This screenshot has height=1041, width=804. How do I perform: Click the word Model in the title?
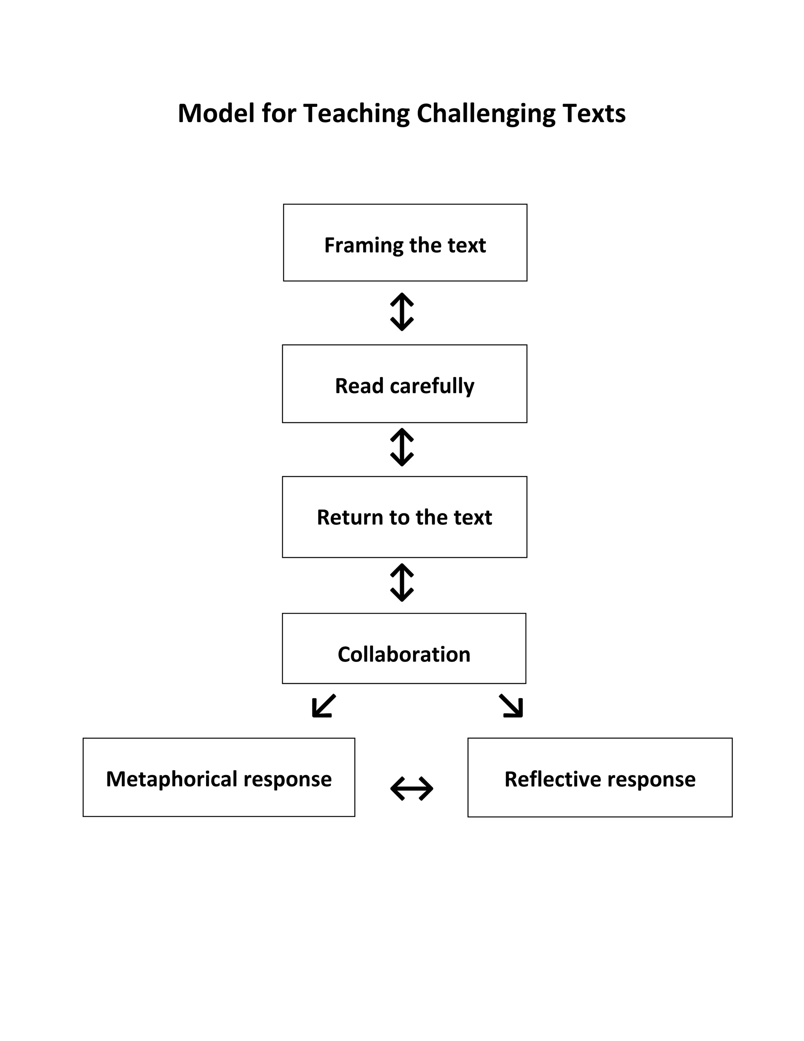pos(216,114)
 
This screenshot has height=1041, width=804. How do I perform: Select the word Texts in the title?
pos(594,114)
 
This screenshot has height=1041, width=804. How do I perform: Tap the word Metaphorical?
pos(172,779)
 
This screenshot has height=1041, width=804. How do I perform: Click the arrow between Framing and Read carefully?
pos(402,312)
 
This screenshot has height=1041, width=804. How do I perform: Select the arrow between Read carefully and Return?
pos(402,447)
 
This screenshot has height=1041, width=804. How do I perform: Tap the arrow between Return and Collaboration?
pos(402,583)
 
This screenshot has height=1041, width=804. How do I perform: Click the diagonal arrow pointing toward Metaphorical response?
pos(324,706)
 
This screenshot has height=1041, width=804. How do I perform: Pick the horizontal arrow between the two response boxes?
pos(411,788)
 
